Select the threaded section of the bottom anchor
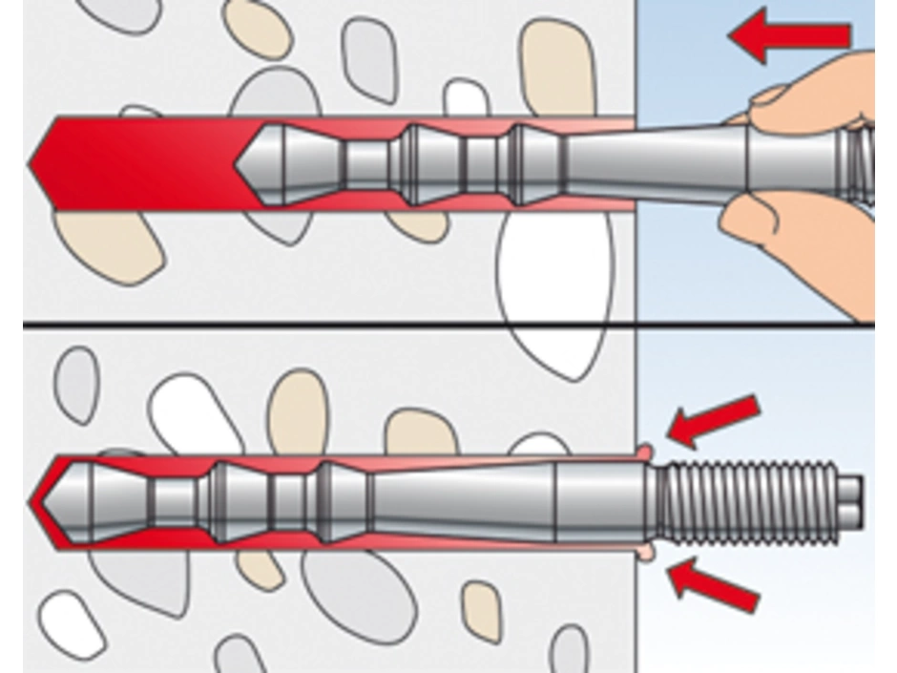tap(749, 502)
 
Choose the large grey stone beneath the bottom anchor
tap(358, 592)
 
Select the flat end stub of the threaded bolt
tap(852, 501)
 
